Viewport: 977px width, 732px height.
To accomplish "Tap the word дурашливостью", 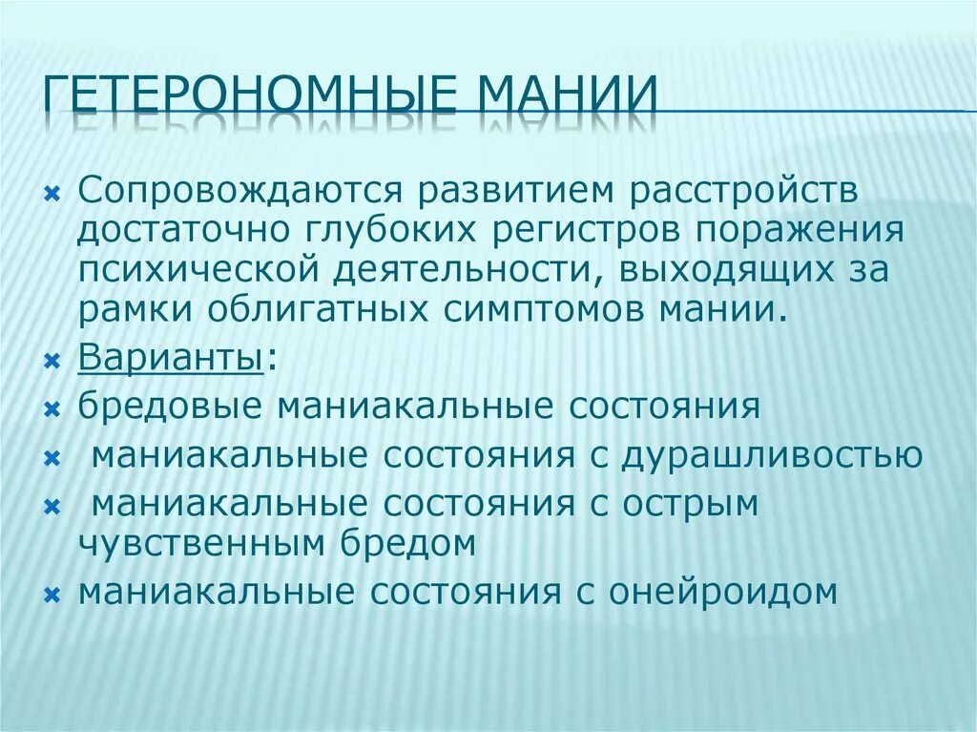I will click(x=772, y=455).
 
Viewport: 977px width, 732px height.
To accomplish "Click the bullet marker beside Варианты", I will click(x=52, y=363).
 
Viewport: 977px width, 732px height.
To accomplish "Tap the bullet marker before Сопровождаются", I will click(x=52, y=194).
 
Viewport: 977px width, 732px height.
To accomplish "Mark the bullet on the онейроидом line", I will click(x=52, y=595).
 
